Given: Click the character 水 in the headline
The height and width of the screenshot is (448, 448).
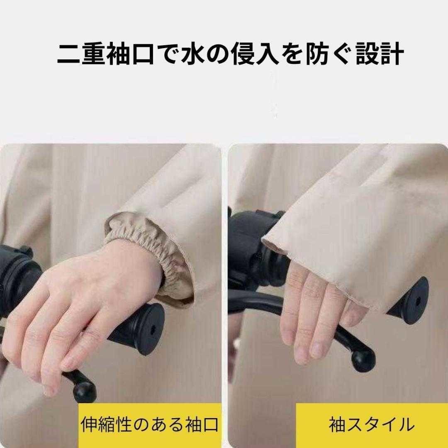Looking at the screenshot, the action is click(x=193, y=54).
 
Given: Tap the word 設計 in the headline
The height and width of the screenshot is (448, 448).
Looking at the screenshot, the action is click(x=380, y=54).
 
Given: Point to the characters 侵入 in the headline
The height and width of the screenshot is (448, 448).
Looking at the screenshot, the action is click(x=255, y=54).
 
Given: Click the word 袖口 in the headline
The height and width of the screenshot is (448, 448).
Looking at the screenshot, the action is click(x=131, y=54).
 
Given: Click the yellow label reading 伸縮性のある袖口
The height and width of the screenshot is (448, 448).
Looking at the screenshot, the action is click(x=150, y=425).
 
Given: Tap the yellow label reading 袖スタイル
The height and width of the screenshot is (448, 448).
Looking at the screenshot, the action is click(x=372, y=425).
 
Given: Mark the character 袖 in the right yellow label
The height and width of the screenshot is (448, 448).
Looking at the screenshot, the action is click(x=338, y=425).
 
